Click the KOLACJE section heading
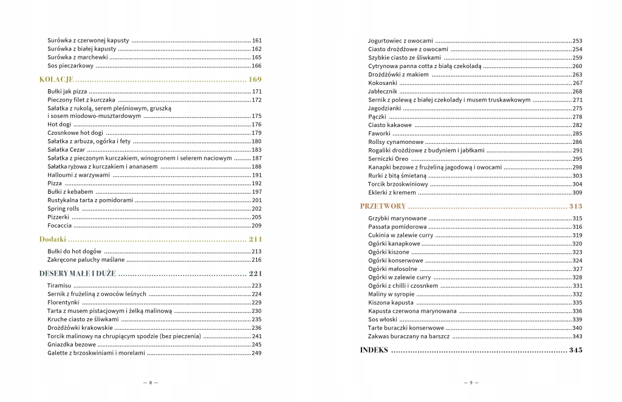tap(56, 80)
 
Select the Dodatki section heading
tap(53, 239)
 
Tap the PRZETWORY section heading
tap(383, 206)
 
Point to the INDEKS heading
tap(374, 350)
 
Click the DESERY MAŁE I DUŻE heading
tap(77, 273)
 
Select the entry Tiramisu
tap(60, 285)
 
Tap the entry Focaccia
tap(60, 225)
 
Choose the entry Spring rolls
tap(63, 208)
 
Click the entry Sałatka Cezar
tap(66, 149)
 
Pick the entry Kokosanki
tap(382, 83)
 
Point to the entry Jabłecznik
tap(383, 91)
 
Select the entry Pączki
tap(377, 117)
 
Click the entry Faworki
tap(379, 134)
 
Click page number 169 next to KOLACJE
tap(255, 80)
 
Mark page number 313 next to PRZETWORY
tap(576, 206)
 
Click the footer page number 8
tap(150, 383)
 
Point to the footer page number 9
tap(471, 383)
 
